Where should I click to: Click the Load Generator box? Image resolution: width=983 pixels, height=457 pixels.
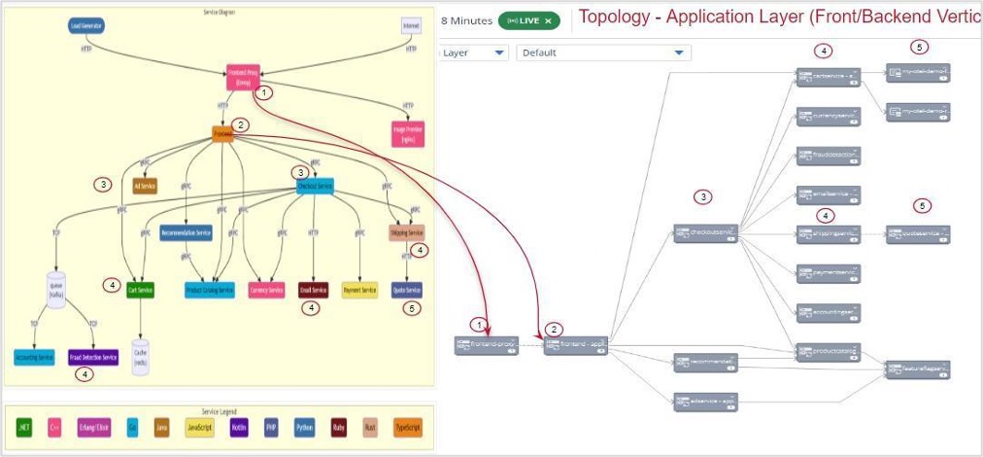click(87, 25)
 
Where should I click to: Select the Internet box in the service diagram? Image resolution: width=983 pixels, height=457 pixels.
click(411, 25)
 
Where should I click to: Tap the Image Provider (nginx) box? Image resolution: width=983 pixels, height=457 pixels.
click(408, 133)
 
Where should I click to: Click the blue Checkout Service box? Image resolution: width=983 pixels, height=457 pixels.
click(315, 186)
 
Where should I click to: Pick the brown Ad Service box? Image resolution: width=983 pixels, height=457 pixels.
click(145, 186)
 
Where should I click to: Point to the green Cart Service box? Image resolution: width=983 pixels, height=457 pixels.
click(141, 290)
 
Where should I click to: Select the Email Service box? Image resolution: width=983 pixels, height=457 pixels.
click(314, 290)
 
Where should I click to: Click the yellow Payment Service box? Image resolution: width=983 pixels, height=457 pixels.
click(359, 290)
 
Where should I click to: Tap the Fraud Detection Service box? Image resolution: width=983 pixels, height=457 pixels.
click(93, 357)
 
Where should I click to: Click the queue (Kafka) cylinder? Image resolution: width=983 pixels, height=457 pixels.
click(55, 290)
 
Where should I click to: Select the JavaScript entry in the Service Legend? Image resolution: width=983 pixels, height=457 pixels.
click(199, 426)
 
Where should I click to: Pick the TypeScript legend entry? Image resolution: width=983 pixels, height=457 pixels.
click(408, 426)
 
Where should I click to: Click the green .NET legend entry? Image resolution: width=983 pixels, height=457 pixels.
click(24, 426)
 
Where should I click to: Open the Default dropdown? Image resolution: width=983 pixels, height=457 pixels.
click(603, 53)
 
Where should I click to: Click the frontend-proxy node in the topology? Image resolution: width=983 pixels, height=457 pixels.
click(486, 344)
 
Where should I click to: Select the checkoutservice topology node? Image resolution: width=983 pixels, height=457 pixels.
click(707, 233)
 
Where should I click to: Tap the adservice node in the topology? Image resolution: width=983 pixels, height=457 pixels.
click(707, 400)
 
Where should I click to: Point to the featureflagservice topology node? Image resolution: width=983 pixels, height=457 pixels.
click(918, 369)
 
